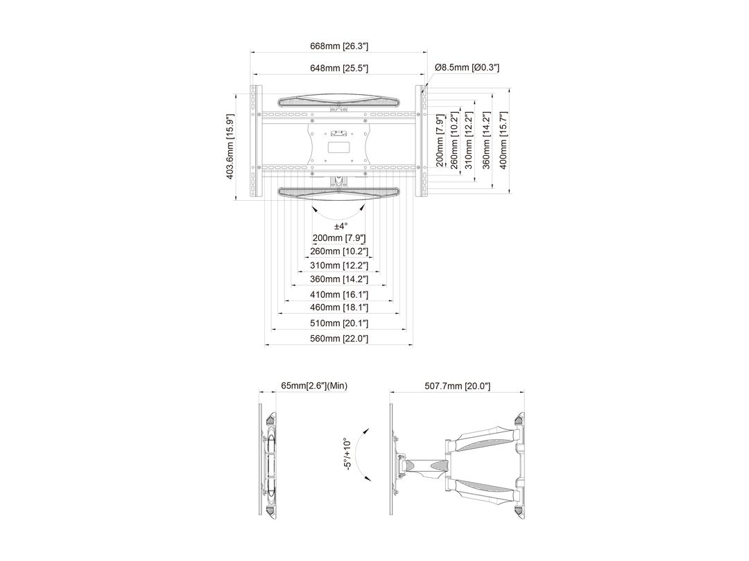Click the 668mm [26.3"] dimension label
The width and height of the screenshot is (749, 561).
[338, 46]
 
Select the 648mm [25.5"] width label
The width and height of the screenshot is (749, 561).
[338, 68]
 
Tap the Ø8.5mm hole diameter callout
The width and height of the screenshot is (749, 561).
[467, 67]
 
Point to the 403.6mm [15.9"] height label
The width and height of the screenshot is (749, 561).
[231, 147]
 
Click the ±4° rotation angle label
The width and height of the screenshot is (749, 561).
[341, 226]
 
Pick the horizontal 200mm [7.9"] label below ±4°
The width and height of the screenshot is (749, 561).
[338, 238]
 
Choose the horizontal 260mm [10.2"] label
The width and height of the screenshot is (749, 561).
[338, 251]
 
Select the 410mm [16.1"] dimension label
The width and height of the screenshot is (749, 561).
[338, 295]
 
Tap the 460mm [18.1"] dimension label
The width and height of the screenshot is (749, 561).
[338, 308]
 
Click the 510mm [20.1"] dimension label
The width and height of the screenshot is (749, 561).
[338, 323]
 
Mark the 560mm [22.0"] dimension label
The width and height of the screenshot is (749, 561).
[338, 339]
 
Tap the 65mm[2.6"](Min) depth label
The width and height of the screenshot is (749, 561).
[313, 386]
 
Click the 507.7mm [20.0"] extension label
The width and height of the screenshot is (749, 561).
[458, 386]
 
